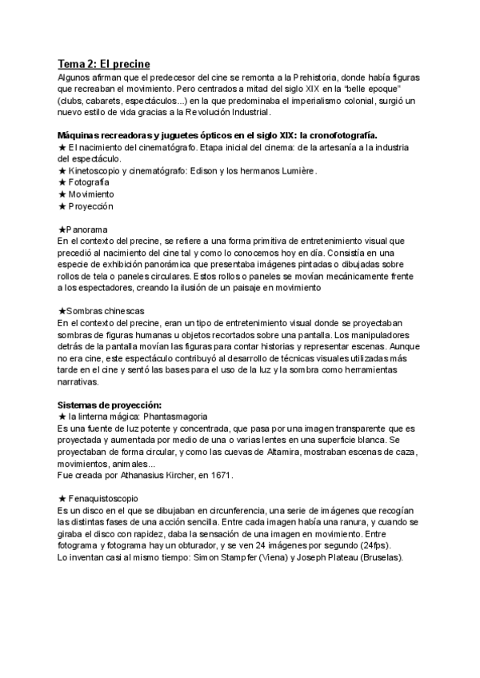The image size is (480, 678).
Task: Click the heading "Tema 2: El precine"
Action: (x=104, y=64)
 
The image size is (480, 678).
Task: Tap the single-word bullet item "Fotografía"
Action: (x=90, y=183)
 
